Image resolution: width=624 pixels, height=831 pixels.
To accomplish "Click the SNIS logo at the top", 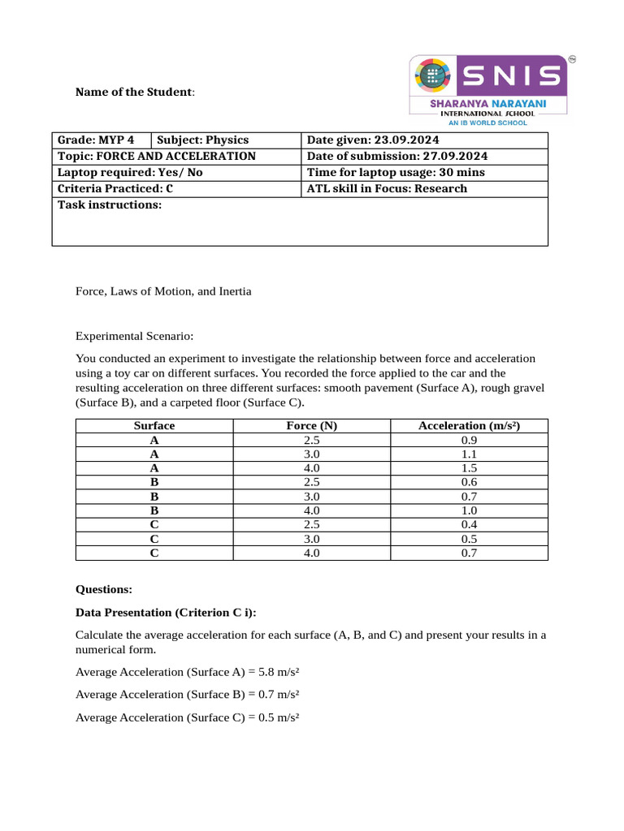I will [487, 89].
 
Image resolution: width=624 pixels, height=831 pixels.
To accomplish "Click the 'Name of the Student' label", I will [135, 92].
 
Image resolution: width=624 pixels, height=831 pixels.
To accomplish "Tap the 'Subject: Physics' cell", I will [202, 140].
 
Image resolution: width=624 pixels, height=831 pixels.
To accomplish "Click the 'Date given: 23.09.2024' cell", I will [375, 140].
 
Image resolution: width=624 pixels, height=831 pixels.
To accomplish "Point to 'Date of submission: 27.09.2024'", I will [396, 156].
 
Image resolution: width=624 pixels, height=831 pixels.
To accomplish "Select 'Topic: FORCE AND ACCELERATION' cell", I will [156, 156].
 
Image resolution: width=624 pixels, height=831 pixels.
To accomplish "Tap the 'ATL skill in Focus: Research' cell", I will [387, 188].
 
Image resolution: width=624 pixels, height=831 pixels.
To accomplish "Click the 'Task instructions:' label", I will [110, 205].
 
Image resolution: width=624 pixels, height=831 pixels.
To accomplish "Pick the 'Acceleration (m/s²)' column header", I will [469, 425].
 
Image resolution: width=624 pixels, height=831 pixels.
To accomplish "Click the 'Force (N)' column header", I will [312, 425].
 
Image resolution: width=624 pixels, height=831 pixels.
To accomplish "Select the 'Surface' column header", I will [154, 425].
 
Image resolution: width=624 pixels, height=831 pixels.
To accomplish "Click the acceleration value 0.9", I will [469, 440].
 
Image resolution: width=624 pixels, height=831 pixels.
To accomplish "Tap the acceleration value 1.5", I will [469, 468].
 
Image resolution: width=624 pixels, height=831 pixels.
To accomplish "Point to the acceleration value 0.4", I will [469, 525].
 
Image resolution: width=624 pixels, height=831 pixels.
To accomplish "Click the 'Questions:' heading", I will [103, 590].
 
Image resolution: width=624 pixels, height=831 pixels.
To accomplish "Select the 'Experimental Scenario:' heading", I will [135, 336].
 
